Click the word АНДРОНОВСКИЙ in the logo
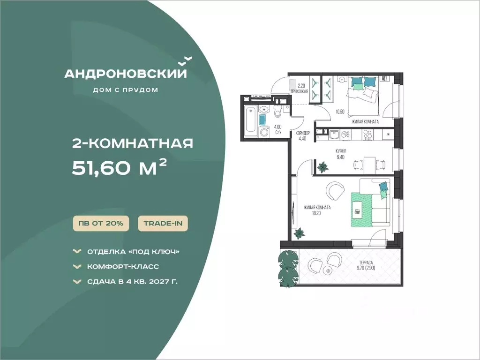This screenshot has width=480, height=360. tap(125, 74)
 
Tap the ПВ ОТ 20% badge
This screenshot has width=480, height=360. tap(101, 223)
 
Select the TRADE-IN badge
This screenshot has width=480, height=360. tap(163, 223)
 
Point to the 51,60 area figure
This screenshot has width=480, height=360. tap(101, 168)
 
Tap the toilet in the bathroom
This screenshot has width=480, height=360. tap(277, 112)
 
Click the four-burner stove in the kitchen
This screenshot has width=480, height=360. tap(367, 135)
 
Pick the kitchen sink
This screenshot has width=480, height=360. tap(334, 135)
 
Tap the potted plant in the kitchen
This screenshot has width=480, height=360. tap(322, 167)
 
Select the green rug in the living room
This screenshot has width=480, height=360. tap(361, 210)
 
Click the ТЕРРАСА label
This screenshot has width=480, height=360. tap(366, 262)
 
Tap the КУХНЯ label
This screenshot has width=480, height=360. tap(341, 151)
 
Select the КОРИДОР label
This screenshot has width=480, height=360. tap(303, 133)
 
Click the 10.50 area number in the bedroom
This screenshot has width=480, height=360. tap(340, 112)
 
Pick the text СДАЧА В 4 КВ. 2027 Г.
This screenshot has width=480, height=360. tap(132, 281)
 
